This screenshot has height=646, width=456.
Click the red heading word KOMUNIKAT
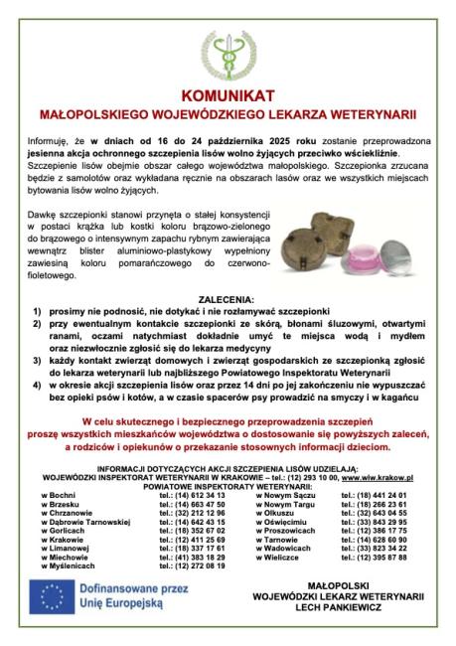pos(228,97)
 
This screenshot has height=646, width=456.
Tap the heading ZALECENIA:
pos(227,326)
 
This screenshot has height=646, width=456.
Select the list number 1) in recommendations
pos(37,337)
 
